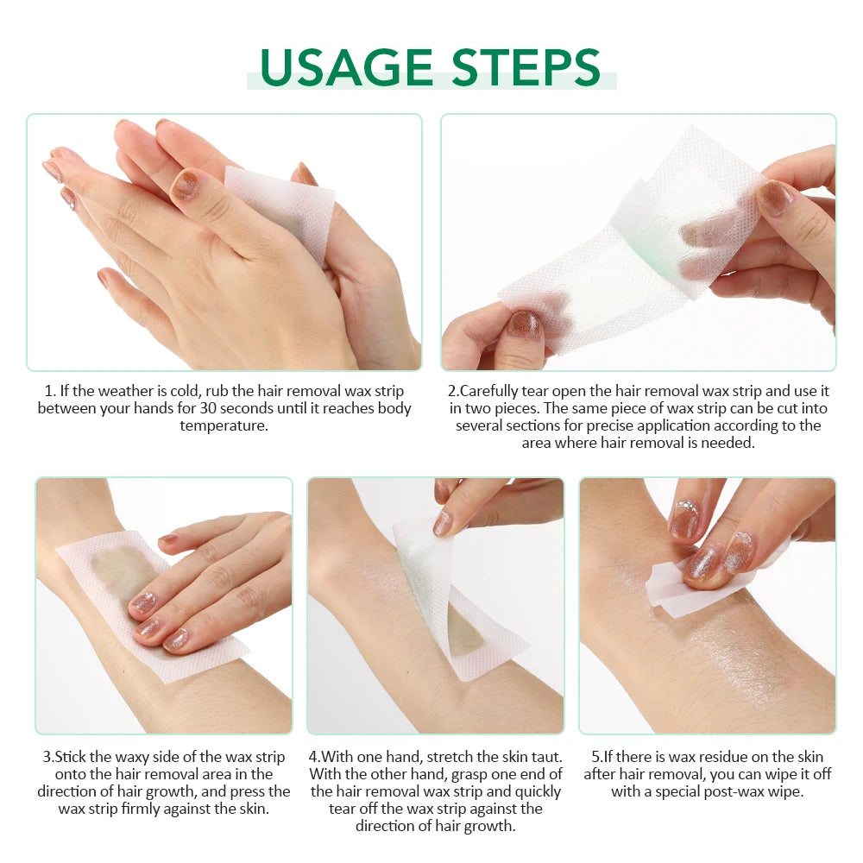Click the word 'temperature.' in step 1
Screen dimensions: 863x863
point(224,426)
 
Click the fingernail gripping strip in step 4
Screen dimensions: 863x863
point(444,522)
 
